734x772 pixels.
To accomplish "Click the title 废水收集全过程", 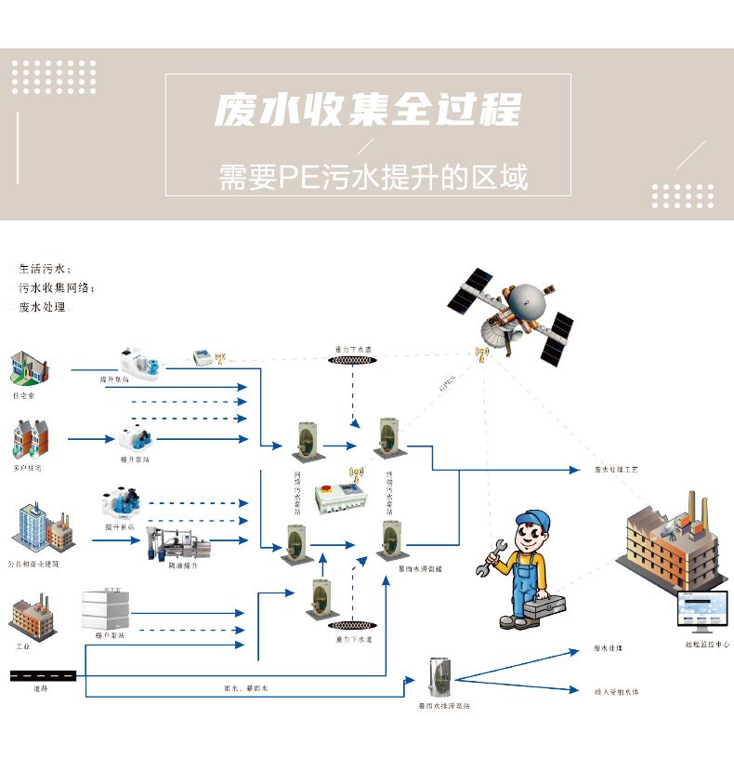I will click(367, 111).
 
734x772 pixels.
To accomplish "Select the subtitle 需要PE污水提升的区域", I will click(373, 175).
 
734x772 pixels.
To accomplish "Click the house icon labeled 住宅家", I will click(29, 368).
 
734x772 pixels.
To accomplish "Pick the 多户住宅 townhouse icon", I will click(31, 439).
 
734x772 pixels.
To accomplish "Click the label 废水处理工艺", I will click(616, 471).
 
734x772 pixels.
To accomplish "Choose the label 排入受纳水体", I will click(616, 692).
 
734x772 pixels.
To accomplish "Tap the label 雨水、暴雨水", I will click(245, 688).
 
